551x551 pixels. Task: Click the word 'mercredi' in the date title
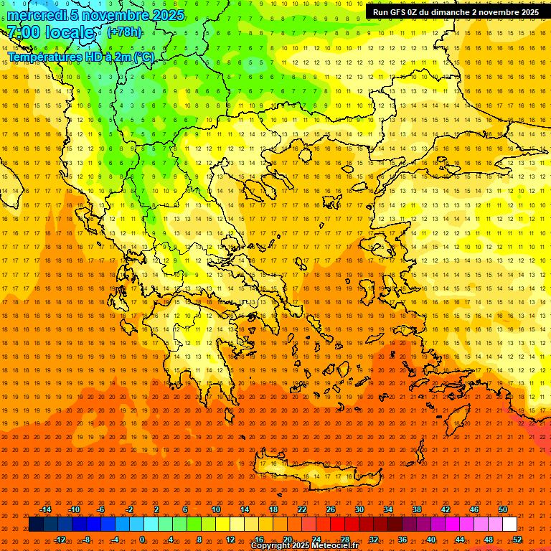point(37,15)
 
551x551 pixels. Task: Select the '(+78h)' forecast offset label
point(124,32)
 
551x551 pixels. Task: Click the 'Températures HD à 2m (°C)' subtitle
point(80,57)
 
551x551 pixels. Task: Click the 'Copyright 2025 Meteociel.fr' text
point(304,546)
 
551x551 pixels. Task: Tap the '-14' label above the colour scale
point(45,509)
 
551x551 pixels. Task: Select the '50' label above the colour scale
point(502,509)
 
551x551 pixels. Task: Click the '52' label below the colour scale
point(517,540)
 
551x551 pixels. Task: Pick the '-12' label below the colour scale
point(60,540)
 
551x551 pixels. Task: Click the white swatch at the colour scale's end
point(509,524)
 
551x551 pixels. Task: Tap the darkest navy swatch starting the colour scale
point(36,524)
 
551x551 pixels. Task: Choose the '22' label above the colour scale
point(302,509)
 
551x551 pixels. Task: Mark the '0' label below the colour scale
point(142,540)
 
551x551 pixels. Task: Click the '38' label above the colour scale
point(417,509)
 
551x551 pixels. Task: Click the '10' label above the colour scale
point(216,509)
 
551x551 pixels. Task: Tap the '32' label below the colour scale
point(374,540)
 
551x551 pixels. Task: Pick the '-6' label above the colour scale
point(101,509)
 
